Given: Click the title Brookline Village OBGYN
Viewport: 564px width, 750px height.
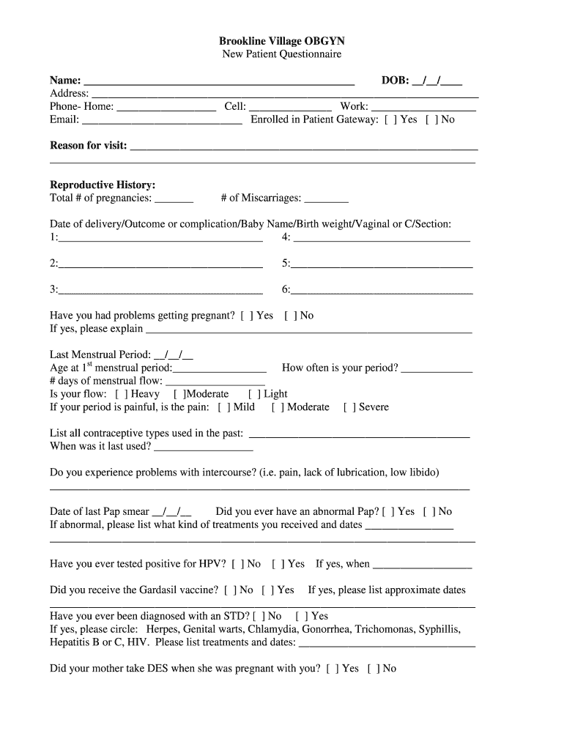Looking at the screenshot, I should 282,41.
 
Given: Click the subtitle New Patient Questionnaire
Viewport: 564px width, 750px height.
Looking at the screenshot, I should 282,54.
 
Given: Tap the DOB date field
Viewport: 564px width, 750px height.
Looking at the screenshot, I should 437,81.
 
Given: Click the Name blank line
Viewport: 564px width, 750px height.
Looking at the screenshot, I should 220,81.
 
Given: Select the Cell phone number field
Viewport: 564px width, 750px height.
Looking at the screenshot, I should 290,107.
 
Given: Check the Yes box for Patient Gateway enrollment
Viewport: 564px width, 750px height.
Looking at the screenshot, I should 390,119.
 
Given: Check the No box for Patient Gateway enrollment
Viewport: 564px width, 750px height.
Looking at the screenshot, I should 431,119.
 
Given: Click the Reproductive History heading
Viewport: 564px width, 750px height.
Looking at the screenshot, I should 103,185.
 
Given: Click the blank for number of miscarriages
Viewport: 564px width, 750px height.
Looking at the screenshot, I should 326,198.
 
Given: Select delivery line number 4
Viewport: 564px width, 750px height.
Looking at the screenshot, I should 381,237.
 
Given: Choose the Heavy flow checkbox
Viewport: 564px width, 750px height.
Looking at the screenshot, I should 121,394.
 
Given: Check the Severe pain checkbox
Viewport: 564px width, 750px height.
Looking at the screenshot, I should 349,407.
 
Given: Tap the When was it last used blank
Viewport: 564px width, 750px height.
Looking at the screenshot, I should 204,446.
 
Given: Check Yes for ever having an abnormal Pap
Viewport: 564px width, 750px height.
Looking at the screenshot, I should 387,512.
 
